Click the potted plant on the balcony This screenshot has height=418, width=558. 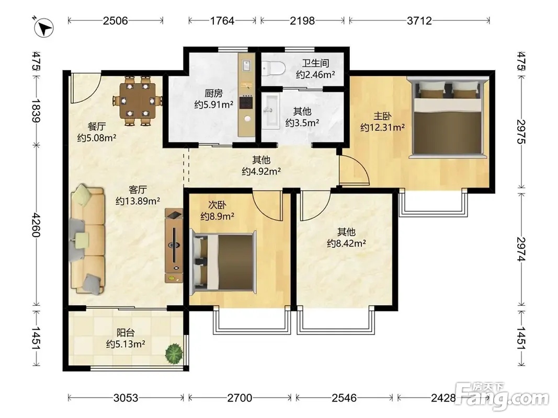174,353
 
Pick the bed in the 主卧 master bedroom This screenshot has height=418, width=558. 447,117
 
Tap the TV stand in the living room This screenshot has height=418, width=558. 174,246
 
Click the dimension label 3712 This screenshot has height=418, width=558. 419,20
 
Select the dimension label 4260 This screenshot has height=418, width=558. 36,225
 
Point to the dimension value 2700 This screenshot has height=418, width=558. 240,398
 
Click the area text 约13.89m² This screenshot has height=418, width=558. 138,201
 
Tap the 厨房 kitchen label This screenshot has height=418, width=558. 213,93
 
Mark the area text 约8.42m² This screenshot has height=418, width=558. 347,243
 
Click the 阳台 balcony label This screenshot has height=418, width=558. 126,333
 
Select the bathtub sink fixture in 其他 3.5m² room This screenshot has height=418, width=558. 271,111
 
